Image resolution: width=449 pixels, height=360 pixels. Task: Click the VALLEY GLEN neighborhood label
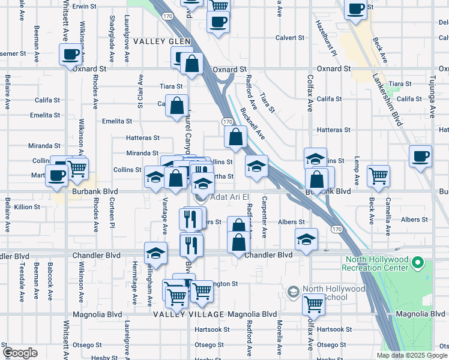pyautogui.click(x=161, y=41)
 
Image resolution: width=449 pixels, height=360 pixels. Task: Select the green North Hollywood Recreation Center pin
pyautogui.click(x=419, y=264)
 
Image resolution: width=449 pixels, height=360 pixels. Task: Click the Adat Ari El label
pyautogui.click(x=229, y=197)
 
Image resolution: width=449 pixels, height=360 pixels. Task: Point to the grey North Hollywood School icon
pyautogui.click(x=294, y=292)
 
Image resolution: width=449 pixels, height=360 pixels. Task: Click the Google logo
pyautogui.click(x=20, y=352)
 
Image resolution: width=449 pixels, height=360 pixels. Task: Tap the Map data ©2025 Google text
pyautogui.click(x=411, y=355)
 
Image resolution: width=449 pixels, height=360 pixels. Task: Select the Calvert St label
pyautogui.click(x=290, y=37)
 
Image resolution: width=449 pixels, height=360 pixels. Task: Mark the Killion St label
pyautogui.click(x=27, y=207)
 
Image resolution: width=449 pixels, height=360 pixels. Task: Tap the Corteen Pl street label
pyautogui.click(x=112, y=215)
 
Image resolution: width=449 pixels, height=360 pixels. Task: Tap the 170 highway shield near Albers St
pyautogui.click(x=337, y=229)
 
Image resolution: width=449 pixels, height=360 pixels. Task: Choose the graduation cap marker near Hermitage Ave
pyautogui.click(x=155, y=253)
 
